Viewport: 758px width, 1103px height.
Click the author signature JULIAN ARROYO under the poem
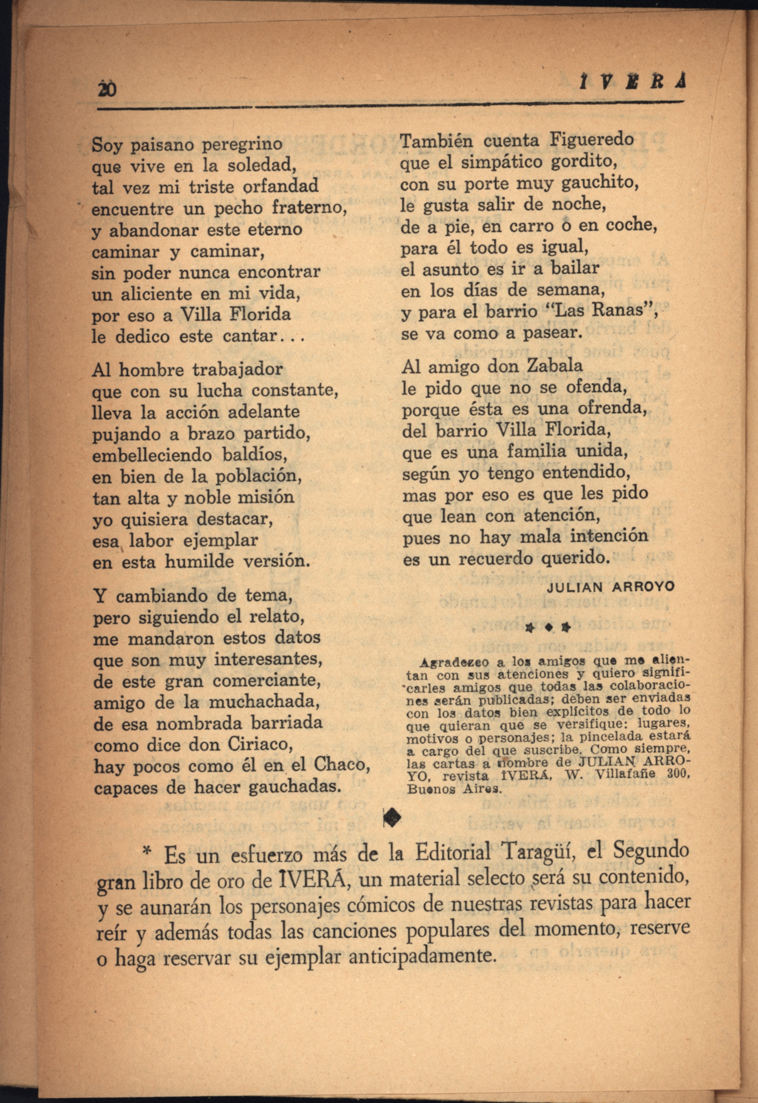pos(611,587)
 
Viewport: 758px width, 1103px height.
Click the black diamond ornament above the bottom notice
pos(393,817)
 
